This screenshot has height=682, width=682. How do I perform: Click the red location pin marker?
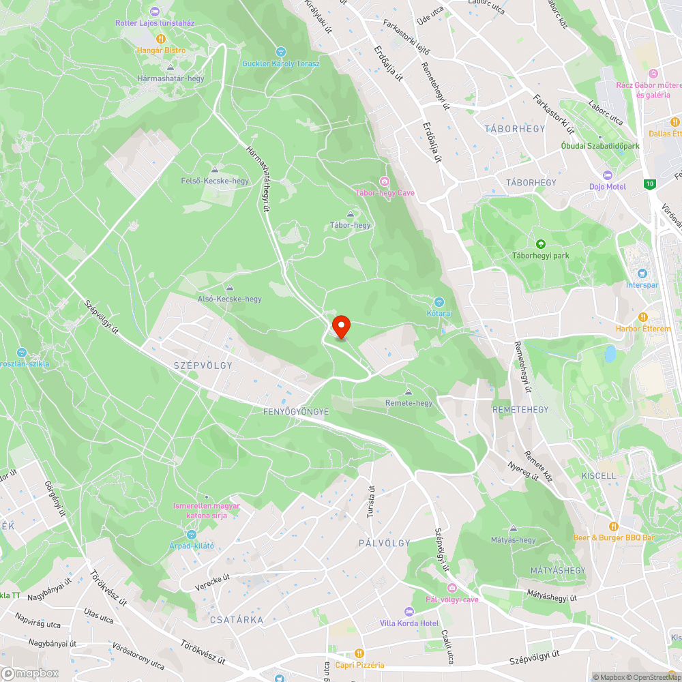click(340, 327)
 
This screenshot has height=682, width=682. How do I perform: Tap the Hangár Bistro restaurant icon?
click(161, 39)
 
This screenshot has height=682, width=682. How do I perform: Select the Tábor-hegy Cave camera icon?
click(385, 181)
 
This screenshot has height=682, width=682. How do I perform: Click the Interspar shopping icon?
click(642, 273)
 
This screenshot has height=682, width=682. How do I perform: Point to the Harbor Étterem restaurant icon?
click(642, 317)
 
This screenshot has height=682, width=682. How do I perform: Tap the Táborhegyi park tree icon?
click(541, 243)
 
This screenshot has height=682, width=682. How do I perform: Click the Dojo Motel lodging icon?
click(608, 175)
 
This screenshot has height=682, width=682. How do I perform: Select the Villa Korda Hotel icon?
click(409, 612)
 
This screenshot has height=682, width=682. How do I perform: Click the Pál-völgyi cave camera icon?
click(451, 588)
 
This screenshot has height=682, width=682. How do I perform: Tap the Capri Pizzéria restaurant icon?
click(359, 653)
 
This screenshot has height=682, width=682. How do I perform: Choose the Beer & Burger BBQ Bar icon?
click(614, 526)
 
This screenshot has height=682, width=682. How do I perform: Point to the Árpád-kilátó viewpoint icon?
click(192, 534)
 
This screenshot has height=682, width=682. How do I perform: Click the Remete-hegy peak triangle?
click(409, 391)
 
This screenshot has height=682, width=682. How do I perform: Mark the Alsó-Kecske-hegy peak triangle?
click(229, 288)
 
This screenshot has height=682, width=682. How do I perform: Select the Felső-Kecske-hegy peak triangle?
click(215, 170)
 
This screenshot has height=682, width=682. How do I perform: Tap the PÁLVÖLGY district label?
click(385, 543)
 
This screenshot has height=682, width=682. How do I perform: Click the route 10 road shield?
click(651, 183)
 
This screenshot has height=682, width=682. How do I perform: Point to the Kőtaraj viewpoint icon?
click(439, 301)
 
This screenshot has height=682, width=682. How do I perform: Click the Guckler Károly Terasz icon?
click(280, 52)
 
